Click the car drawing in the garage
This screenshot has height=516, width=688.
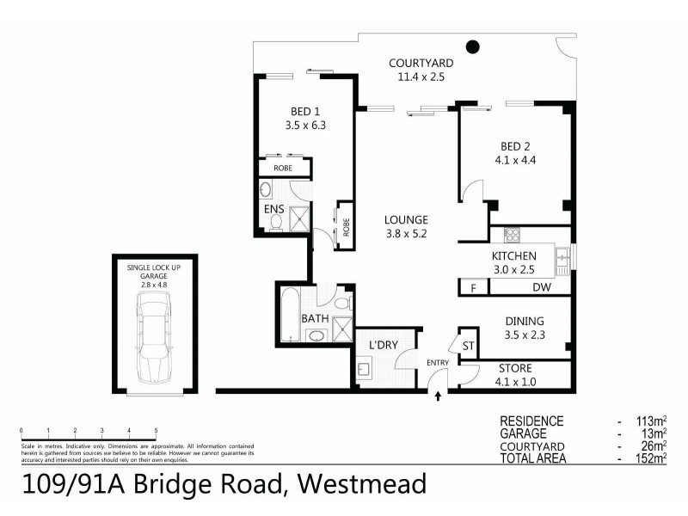pos(154,336)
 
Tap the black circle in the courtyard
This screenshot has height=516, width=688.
pos(472,46)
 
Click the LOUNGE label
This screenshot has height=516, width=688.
pos(406,219)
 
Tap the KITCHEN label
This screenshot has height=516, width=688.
pos(514,256)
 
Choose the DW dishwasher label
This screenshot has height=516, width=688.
pos(541,288)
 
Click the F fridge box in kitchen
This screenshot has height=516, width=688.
pos(472,288)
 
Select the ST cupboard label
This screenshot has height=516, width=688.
pos(469,346)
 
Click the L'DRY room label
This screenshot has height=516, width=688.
pos(384,345)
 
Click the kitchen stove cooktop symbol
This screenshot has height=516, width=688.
pos(512,233)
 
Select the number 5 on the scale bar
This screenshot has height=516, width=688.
pos(156,429)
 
